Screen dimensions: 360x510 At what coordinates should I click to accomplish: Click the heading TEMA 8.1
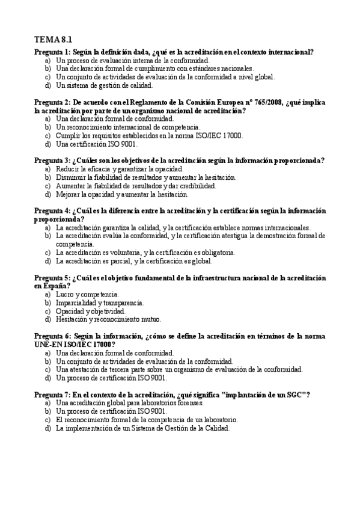[x=53, y=40]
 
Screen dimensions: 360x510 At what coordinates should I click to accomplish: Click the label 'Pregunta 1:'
[x=52, y=52]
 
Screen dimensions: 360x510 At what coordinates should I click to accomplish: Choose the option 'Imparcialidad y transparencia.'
[x=100, y=303]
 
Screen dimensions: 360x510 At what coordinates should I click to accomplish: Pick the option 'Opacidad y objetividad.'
[x=91, y=311]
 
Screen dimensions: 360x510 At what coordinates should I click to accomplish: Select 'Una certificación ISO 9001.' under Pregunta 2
[x=96, y=144]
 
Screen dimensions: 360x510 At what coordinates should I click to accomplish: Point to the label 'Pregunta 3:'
[x=52, y=161]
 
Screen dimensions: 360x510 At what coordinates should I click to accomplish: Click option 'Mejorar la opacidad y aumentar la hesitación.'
[x=122, y=194]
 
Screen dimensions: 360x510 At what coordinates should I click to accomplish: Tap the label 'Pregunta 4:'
[x=52, y=211]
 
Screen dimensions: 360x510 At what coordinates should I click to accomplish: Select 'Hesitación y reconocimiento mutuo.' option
[x=108, y=319]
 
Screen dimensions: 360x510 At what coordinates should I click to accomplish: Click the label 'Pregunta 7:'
[x=52, y=394]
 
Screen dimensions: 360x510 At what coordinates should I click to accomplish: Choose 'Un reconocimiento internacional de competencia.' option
[x=127, y=127]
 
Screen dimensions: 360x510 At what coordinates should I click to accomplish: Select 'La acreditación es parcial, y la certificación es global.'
[x=138, y=261]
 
